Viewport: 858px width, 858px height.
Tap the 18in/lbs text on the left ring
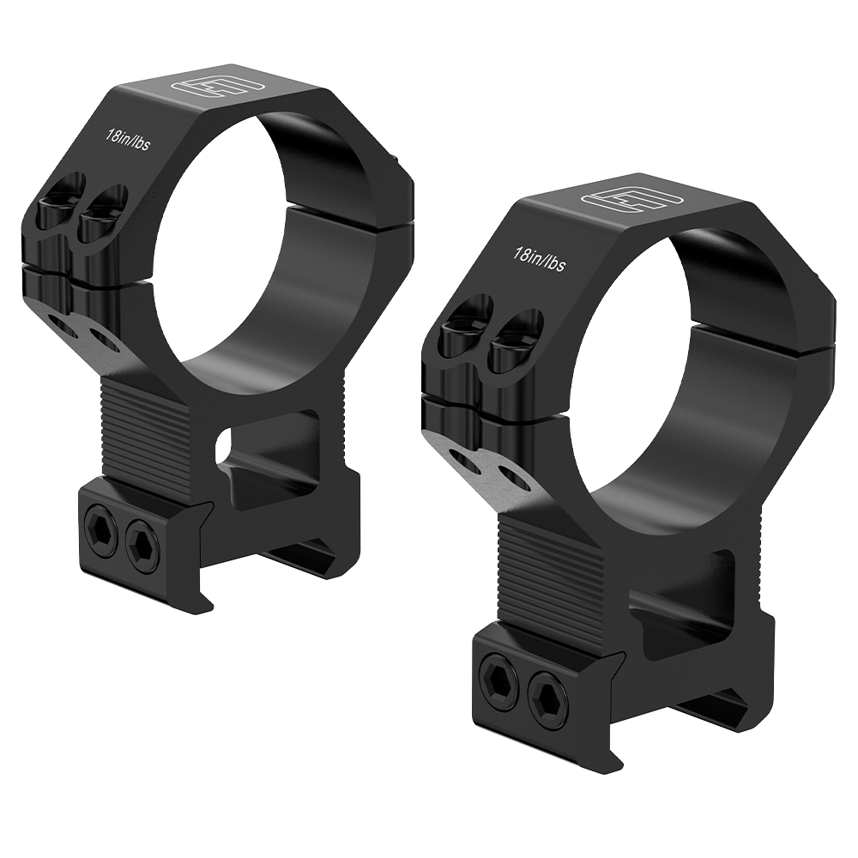pyautogui.click(x=128, y=140)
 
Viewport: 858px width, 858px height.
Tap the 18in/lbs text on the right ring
pyautogui.click(x=539, y=259)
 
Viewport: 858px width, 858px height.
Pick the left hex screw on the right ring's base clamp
pyautogui.click(x=496, y=673)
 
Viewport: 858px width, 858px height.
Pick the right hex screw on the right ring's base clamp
pyautogui.click(x=547, y=692)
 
